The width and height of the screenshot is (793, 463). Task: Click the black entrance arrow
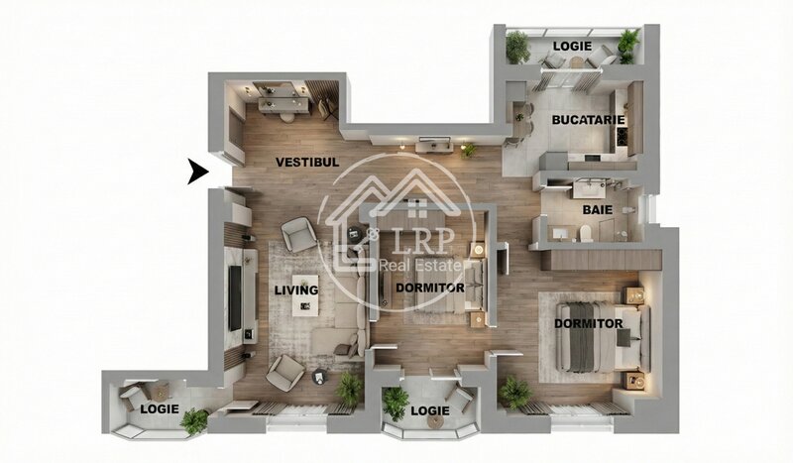pos(197,172)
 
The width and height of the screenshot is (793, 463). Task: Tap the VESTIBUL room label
pos(307,163)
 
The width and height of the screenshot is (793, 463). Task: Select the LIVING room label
pos(296,289)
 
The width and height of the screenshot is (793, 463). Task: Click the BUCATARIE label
pos(588,120)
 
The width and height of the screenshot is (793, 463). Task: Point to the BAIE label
pos(598,209)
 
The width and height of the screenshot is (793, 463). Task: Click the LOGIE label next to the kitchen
pos(572,46)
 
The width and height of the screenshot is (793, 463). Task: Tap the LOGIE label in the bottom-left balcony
pos(160,408)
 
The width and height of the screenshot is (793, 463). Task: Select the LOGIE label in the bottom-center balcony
pos(430,410)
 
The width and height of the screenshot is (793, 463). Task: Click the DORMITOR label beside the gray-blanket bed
pos(589,324)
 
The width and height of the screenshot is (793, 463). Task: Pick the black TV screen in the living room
pos(235,298)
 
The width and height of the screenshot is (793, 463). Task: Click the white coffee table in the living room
pos(305,295)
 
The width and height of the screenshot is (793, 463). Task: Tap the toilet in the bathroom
pos(586,233)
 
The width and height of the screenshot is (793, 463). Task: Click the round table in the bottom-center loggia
pos(435,422)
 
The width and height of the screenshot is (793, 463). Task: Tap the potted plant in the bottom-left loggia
pos(194,421)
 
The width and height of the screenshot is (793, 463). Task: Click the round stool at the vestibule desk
pos(286,117)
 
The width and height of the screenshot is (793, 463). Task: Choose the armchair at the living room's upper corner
pos(299,234)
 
